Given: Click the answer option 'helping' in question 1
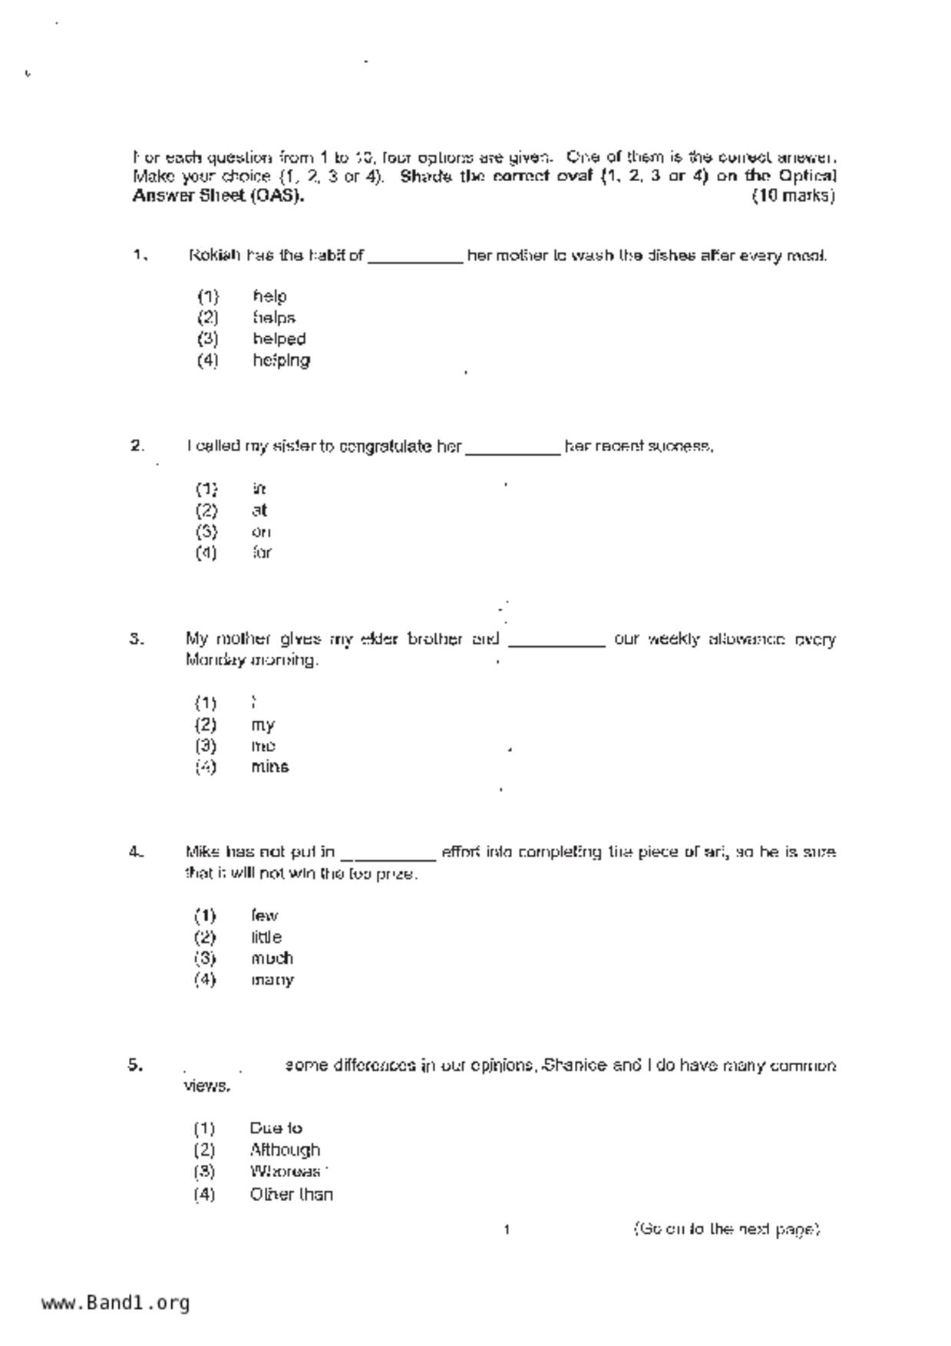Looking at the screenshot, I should pyautogui.click(x=281, y=360).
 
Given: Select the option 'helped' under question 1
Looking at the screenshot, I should pyautogui.click(x=279, y=338).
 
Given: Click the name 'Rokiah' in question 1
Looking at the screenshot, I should pyautogui.click(x=215, y=256).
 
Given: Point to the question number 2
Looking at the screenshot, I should pyautogui.click(x=137, y=446).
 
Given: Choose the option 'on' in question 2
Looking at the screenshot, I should pyautogui.click(x=261, y=531).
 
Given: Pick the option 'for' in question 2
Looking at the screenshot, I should pyautogui.click(x=262, y=553).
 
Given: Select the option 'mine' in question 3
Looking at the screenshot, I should pyautogui.click(x=269, y=767).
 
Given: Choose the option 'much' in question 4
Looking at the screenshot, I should pyautogui.click(x=272, y=958).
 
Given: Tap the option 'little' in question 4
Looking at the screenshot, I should pyautogui.click(x=266, y=937).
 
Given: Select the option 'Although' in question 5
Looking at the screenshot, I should pyautogui.click(x=285, y=1150).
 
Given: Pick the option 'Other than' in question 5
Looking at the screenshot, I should pyautogui.click(x=291, y=1194).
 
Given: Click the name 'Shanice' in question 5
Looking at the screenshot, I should pyautogui.click(x=574, y=1065).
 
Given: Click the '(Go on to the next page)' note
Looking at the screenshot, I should pyautogui.click(x=726, y=1229).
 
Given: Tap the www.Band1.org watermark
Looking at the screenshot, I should pyautogui.click(x=116, y=1302).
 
